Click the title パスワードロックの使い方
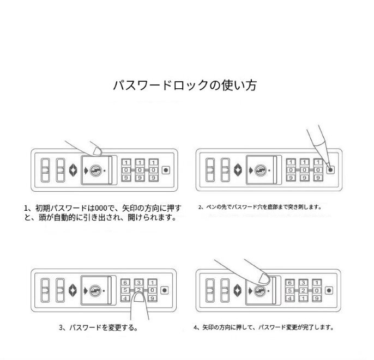pos(185,86)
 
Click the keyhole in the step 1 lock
pos(95,170)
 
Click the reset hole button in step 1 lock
pos(166,170)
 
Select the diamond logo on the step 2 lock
pos(238,170)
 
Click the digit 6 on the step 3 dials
pos(126,282)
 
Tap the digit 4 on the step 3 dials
pos(126,298)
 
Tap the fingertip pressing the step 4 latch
pos(263,279)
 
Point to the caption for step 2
pos(260,207)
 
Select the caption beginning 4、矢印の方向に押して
pos(263,328)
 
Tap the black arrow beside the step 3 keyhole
pos(85,290)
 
